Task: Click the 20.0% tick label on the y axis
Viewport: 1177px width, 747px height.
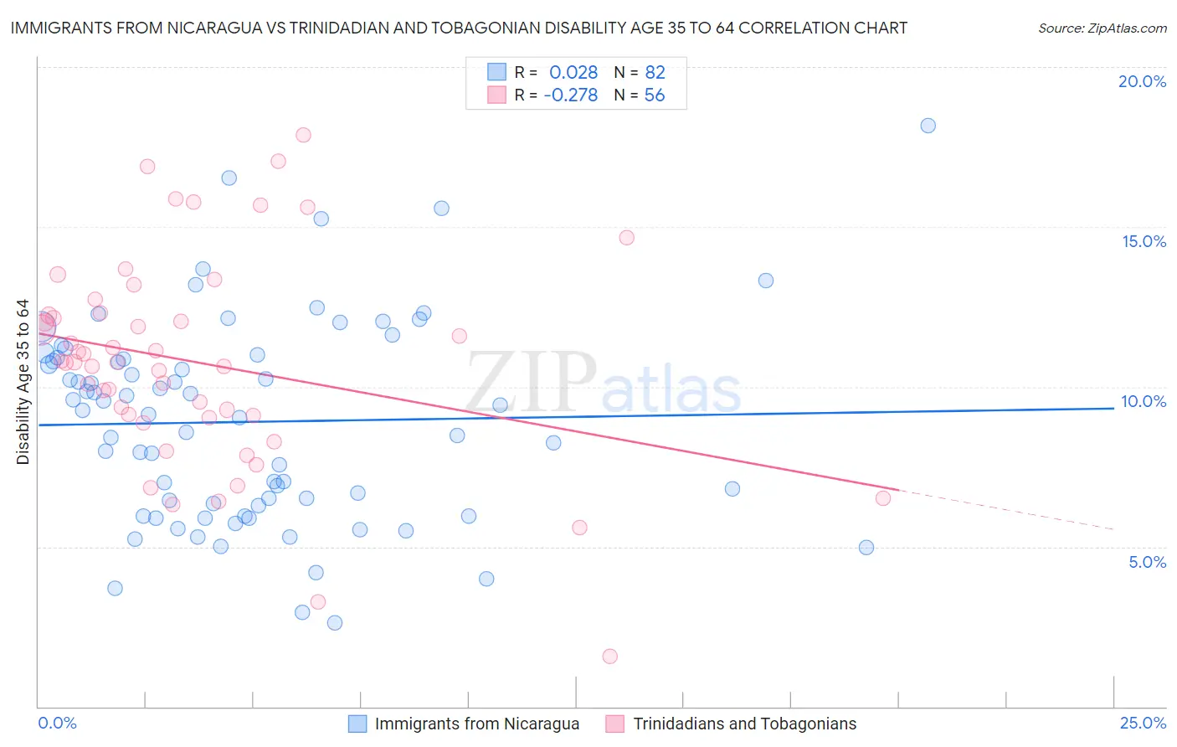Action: click(x=1142, y=81)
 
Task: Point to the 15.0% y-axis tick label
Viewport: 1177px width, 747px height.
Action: click(x=1144, y=241)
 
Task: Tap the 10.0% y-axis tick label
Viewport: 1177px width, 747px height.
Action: click(x=1144, y=401)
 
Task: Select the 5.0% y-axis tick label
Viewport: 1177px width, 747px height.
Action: click(x=1147, y=562)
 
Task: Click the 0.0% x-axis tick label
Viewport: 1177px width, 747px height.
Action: click(x=57, y=723)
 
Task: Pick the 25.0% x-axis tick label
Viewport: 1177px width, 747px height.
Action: click(x=1143, y=723)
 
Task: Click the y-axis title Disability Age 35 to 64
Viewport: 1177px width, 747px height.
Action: click(x=23, y=382)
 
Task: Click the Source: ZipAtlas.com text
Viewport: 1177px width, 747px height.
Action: click(x=1102, y=28)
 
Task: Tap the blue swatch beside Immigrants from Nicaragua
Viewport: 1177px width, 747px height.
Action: click(x=357, y=724)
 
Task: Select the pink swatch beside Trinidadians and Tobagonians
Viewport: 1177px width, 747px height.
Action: click(x=615, y=724)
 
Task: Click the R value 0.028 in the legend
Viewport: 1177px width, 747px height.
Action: click(x=573, y=73)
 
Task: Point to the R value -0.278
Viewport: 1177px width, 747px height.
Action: click(x=570, y=95)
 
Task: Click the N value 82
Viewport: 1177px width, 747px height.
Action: click(x=655, y=73)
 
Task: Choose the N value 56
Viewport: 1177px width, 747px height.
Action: click(x=654, y=95)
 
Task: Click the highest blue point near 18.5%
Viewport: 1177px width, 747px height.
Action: click(x=928, y=126)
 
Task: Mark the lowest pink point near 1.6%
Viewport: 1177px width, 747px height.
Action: click(x=610, y=657)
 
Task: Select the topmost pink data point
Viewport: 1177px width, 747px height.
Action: click(x=303, y=135)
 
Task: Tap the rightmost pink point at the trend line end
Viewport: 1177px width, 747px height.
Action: click(x=882, y=498)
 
